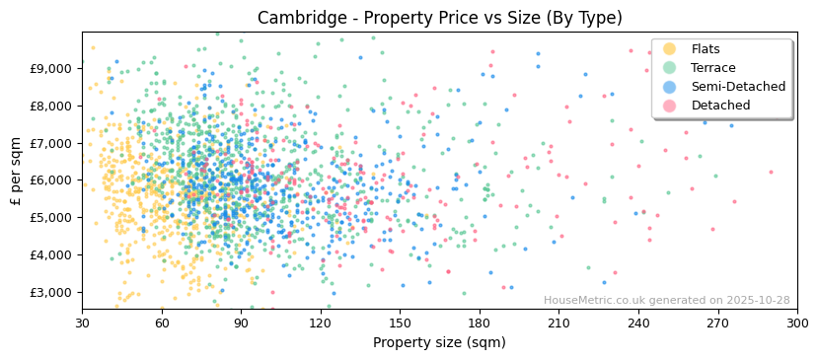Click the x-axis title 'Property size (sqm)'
pyautogui.click(x=439, y=343)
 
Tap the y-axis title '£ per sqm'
pyautogui.click(x=16, y=172)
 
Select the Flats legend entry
pyautogui.click(x=706, y=49)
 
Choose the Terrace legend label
pyautogui.click(x=713, y=68)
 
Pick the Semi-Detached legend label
pyautogui.click(x=738, y=87)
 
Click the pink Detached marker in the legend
pyautogui.click(x=669, y=106)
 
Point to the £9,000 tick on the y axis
pyautogui.click(x=51, y=68)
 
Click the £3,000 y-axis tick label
pyautogui.click(x=51, y=292)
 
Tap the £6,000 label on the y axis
pyautogui.click(x=51, y=180)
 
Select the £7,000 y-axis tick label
pyautogui.click(x=51, y=143)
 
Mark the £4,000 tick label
pyautogui.click(x=51, y=254)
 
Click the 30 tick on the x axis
pyautogui.click(x=82, y=323)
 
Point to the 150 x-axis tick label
pyautogui.click(x=400, y=323)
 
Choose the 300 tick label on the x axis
pyautogui.click(x=796, y=323)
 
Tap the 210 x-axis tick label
pyautogui.click(x=558, y=323)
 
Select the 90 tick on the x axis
pyautogui.click(x=241, y=323)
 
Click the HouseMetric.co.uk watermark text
pyautogui.click(x=666, y=301)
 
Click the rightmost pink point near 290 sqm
pyautogui.click(x=771, y=172)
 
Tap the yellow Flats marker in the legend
pyautogui.click(x=669, y=49)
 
